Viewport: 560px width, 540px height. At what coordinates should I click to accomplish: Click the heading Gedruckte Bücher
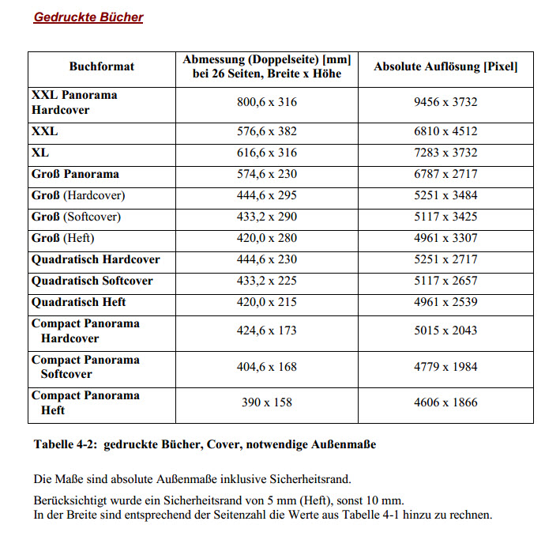(88, 17)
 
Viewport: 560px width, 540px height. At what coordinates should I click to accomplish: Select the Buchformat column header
(102, 66)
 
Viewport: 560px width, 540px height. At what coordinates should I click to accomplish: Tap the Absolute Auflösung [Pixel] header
(445, 66)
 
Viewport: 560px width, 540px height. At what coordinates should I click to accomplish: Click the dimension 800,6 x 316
(267, 102)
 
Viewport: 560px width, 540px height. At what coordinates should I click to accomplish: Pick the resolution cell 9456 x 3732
(445, 102)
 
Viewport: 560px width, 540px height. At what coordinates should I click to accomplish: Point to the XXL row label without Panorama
(45, 131)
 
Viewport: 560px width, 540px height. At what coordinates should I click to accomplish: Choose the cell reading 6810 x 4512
(445, 131)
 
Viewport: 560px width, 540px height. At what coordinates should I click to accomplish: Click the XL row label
(40, 153)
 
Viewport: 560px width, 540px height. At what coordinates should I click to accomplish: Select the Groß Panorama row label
(76, 174)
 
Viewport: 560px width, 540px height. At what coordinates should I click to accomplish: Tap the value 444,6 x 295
(267, 195)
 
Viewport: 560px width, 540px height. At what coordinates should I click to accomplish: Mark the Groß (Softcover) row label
(77, 217)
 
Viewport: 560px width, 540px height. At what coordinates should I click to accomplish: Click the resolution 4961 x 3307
(445, 238)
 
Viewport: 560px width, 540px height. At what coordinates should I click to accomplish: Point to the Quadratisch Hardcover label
(96, 259)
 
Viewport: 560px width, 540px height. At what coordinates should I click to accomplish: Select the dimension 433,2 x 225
(267, 281)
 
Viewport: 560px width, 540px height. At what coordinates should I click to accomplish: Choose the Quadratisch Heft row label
(79, 302)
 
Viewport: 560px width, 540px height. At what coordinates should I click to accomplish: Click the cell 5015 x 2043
(445, 330)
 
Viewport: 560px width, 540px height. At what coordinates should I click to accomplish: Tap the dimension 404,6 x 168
(267, 367)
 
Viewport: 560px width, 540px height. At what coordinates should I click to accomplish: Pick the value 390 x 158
(267, 402)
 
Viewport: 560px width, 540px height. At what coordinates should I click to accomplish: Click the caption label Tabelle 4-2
(66, 444)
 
